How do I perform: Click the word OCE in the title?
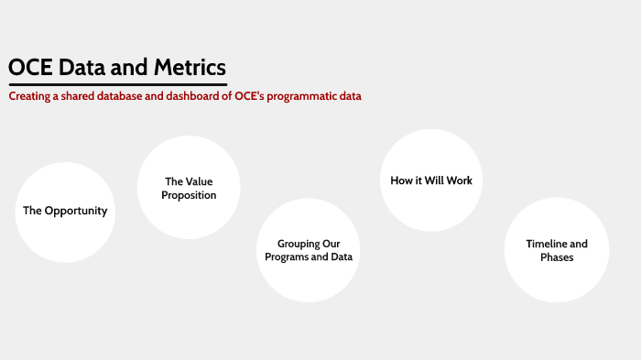click(30, 68)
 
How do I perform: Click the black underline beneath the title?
click(117, 84)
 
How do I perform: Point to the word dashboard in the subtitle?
click(182, 96)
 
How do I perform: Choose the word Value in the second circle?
click(199, 181)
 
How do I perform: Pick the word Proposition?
click(189, 195)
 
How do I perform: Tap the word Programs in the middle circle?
click(288, 257)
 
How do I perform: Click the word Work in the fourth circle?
click(459, 180)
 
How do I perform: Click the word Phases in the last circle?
click(557, 257)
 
